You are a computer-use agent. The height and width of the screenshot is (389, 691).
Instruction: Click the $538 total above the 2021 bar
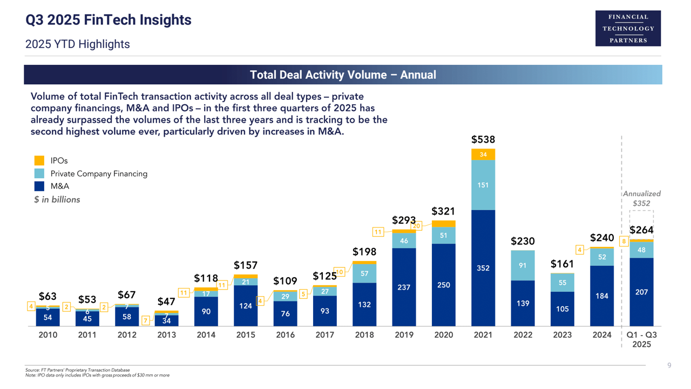(483, 140)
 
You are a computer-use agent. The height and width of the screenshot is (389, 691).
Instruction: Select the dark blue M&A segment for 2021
(483, 267)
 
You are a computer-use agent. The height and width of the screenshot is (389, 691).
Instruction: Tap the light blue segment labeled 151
(483, 185)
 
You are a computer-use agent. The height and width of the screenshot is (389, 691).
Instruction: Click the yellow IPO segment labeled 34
(483, 155)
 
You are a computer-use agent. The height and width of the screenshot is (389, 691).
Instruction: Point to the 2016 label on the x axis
(285, 335)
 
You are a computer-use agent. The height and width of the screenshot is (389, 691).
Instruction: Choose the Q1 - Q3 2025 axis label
(641, 339)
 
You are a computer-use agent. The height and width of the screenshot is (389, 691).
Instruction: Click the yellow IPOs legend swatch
(39, 160)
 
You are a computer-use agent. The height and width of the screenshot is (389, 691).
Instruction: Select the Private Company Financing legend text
(99, 173)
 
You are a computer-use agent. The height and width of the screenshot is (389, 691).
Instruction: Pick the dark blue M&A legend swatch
(39, 186)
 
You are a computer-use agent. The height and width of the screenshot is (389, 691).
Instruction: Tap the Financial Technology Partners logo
(628, 28)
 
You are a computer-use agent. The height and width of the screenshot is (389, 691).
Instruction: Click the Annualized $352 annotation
(641, 198)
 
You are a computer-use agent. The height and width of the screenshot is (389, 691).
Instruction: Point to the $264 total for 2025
(641, 230)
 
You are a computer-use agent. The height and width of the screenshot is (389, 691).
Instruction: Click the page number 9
(669, 366)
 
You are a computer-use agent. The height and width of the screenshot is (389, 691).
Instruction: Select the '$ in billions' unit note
(57, 200)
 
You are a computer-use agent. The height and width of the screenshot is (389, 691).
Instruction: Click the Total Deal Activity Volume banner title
(343, 75)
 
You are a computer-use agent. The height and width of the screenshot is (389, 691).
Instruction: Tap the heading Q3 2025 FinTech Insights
(109, 21)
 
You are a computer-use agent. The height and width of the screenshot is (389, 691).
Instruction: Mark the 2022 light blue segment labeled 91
(523, 265)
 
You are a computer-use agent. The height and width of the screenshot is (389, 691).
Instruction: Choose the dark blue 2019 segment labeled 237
(404, 287)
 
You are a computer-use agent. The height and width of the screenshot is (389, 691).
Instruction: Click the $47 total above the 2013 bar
(166, 301)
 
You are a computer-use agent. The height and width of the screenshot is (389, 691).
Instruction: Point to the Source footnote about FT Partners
(77, 370)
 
